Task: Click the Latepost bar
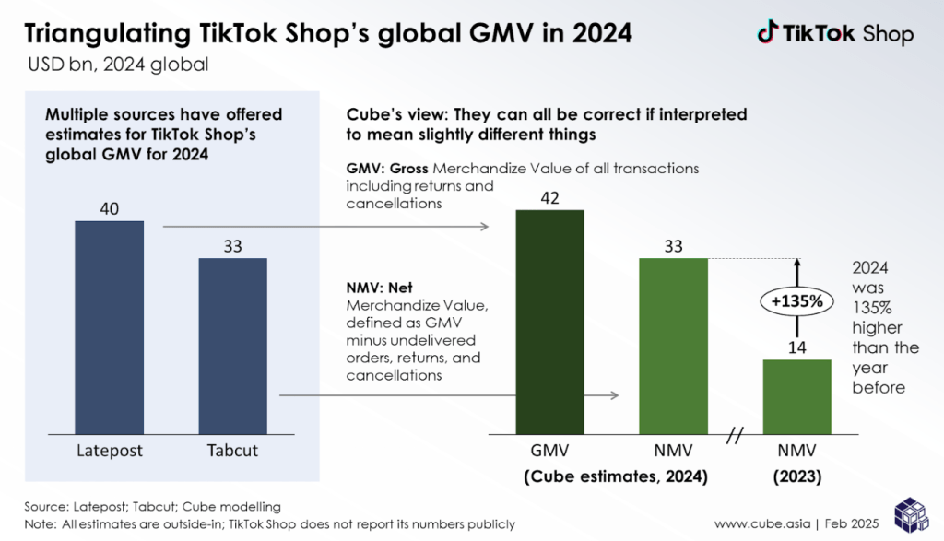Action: (x=110, y=326)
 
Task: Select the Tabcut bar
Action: (x=233, y=345)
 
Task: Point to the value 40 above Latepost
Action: (x=110, y=209)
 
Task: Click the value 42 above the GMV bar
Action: (x=549, y=198)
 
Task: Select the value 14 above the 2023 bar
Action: (x=796, y=347)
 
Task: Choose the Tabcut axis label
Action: (x=233, y=451)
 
